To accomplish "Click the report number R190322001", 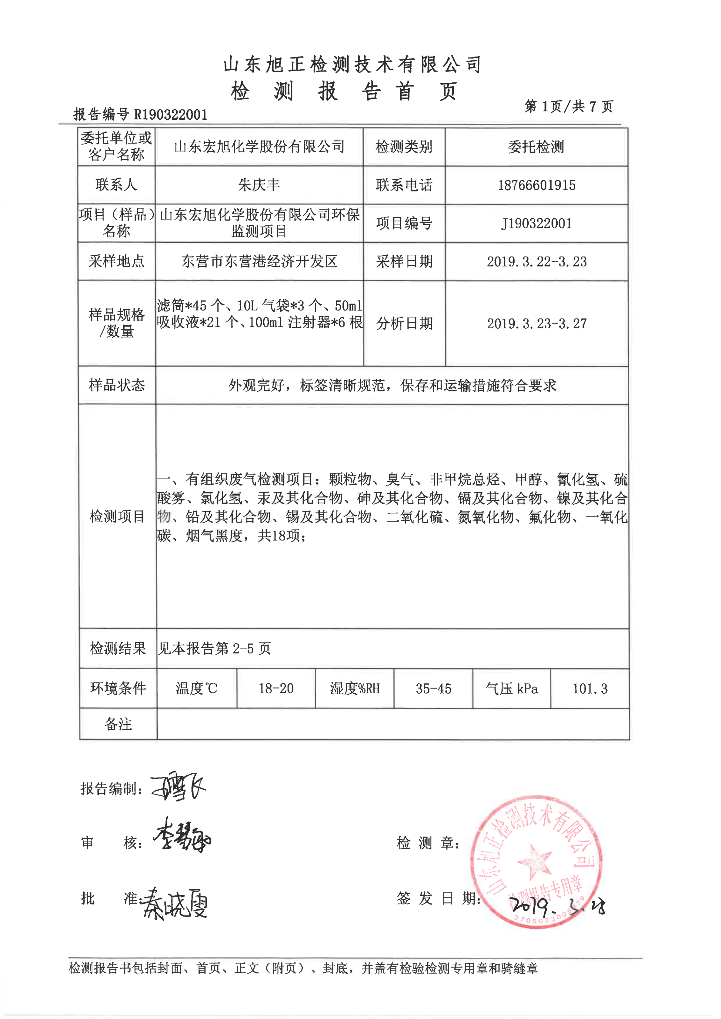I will point(171,115).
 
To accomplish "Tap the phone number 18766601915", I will point(536,185).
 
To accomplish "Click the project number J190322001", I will point(536,223).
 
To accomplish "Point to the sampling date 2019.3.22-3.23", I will point(536,261).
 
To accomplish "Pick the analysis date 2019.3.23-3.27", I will point(536,323).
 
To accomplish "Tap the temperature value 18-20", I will point(276,688).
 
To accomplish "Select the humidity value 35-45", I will point(433,688).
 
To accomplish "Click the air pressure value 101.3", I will point(589,688).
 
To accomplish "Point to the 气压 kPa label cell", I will point(512,688).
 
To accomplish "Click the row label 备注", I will point(118,724).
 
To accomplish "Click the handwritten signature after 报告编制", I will point(179,788).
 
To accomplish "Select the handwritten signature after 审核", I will point(182,837).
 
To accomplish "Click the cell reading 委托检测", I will point(536,147).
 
